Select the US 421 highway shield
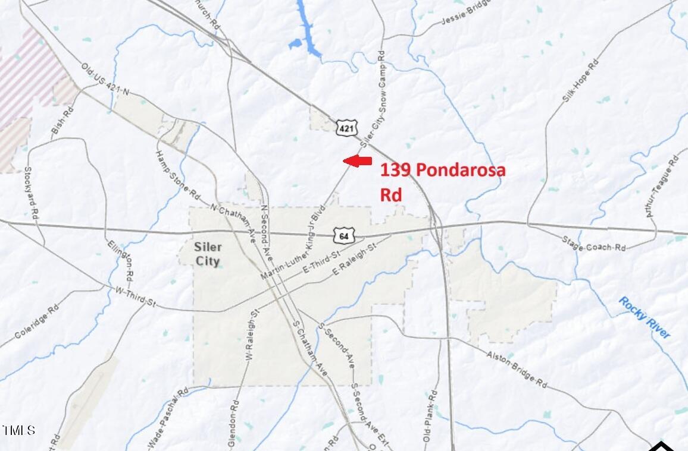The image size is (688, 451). pyautogui.click(x=346, y=127)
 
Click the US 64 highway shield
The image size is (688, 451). pyautogui.click(x=343, y=236)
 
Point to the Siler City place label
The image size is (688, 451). pyautogui.click(x=208, y=254)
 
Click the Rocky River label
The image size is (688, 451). pyautogui.click(x=644, y=318)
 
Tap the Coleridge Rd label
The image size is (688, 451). pyautogui.click(x=37, y=321)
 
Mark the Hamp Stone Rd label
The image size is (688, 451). pyautogui.click(x=177, y=174)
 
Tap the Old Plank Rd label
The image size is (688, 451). pyautogui.click(x=430, y=416)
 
